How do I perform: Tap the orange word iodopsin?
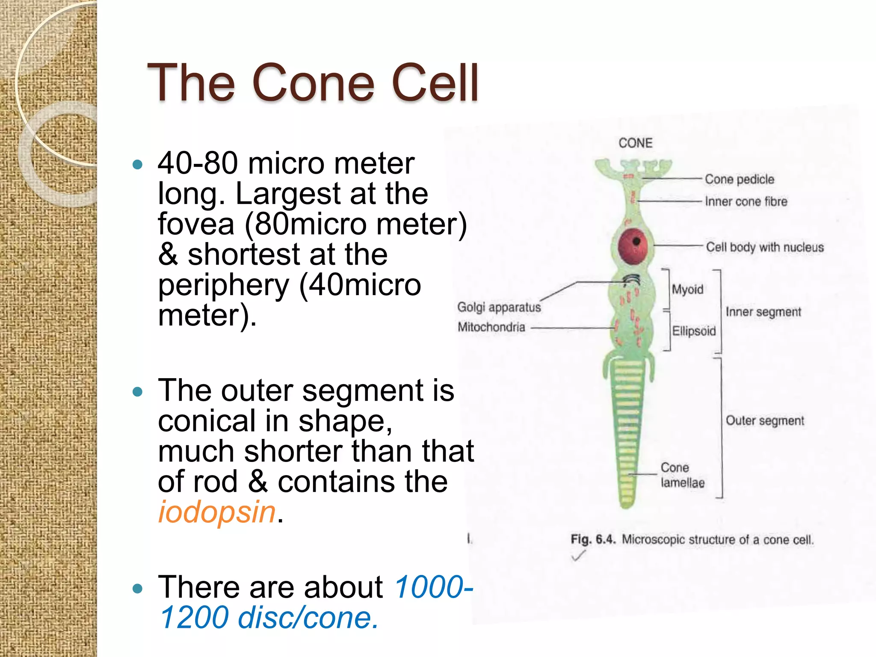point(217,512)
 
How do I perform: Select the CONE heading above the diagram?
point(635,143)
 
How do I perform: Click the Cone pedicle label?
point(739,179)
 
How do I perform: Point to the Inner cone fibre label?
point(746,201)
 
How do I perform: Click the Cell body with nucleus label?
point(764,247)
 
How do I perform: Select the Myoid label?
point(687,290)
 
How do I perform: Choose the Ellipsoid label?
point(693,331)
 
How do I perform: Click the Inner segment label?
point(763,312)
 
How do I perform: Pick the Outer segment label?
point(765,420)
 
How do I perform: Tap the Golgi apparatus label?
point(499,307)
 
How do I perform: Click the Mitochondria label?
point(491,327)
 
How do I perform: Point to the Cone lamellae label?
point(682,475)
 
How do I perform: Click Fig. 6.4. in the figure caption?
point(593,539)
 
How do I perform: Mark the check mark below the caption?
point(578,556)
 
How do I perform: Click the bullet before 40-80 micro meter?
point(137,165)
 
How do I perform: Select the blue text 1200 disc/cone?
point(269,618)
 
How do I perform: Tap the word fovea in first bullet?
point(196,224)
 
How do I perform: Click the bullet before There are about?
point(137,589)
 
